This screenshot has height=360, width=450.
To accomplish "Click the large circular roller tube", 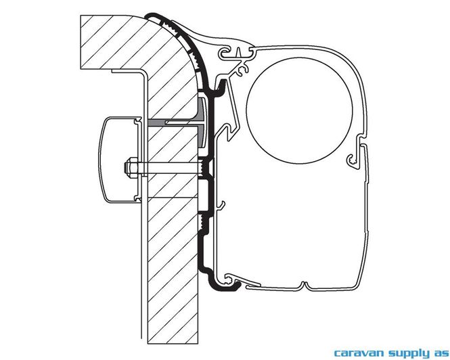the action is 299,111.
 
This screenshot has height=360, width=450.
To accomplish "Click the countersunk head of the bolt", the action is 208,168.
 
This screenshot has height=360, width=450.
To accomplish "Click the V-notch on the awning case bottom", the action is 305,286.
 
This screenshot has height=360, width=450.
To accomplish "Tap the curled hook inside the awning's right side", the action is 353,160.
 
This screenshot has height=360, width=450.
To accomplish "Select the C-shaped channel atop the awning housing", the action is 226,53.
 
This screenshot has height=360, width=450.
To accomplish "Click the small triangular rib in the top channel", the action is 238,52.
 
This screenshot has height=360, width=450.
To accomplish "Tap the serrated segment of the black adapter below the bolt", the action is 204,222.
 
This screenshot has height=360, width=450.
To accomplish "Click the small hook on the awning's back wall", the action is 221,205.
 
